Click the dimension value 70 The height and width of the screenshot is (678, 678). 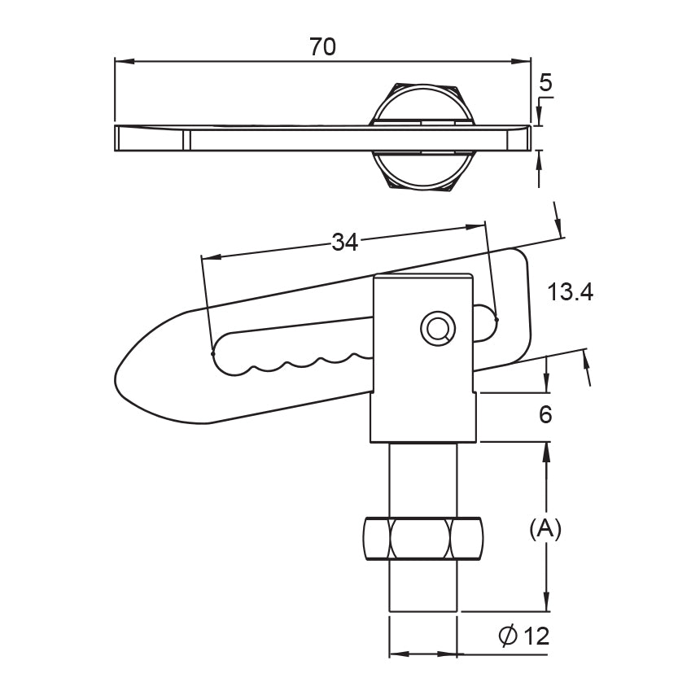tap(322, 46)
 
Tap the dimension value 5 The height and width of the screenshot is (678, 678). tap(545, 82)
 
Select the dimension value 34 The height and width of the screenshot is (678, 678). tap(345, 243)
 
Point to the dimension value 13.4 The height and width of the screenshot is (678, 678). tap(571, 292)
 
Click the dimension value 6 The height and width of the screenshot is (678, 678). tap(545, 414)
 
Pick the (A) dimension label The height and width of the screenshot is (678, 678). tap(545, 528)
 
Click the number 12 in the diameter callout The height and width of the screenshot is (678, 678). tap(536, 636)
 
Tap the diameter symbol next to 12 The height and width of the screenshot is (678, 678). tap(508, 636)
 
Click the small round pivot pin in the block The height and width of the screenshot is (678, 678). tap(438, 329)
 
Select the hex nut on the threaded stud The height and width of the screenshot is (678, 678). tap(423, 539)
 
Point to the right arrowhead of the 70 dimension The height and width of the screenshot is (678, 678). tap(520, 62)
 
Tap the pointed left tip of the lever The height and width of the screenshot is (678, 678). tap(116, 374)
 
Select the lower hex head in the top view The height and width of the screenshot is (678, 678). tap(423, 170)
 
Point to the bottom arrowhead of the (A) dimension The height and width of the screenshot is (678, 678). tap(547, 601)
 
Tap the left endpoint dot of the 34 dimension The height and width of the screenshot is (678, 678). tap(212, 354)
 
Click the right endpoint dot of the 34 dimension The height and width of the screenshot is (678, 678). tap(496, 320)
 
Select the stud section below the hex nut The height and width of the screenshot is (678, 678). tap(423, 586)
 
